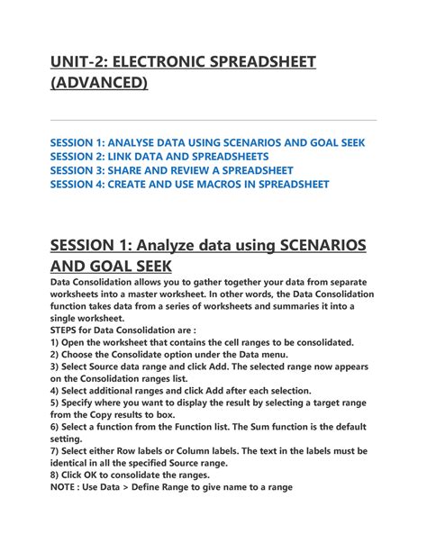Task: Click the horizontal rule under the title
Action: [213, 120]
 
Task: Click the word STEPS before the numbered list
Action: [68, 330]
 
